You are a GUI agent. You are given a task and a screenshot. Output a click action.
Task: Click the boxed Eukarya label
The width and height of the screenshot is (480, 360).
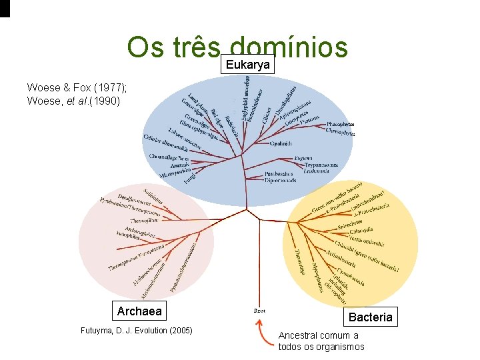248,65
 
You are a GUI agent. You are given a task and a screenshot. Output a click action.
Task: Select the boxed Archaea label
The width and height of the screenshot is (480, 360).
139,311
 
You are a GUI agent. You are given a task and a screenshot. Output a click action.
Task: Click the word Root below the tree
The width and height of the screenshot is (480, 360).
259,309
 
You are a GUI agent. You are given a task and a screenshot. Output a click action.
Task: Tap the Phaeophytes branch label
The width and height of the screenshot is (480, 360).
341,124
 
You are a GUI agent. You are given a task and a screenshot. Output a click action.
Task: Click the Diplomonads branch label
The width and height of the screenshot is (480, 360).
283,180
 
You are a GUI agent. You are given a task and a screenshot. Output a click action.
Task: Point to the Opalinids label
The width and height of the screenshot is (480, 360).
281,143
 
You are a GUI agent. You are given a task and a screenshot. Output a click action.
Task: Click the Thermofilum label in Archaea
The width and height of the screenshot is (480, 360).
144,219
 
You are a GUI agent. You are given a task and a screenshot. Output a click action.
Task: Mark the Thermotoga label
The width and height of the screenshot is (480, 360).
299,261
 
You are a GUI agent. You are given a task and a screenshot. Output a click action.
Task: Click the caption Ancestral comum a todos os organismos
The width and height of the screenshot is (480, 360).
321,341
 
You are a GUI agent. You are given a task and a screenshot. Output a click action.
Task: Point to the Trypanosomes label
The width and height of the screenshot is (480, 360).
322,165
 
